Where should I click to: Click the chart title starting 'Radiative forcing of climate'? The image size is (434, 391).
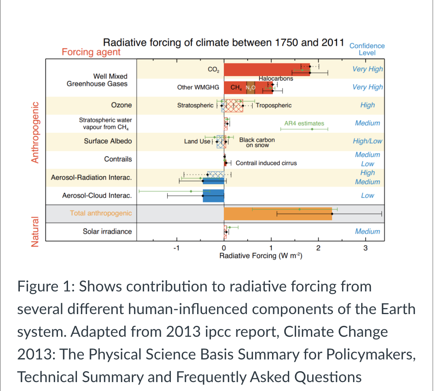coord(224,42)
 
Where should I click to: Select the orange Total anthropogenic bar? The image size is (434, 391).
coord(278,213)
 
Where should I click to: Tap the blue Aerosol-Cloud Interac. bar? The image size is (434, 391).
coord(213,195)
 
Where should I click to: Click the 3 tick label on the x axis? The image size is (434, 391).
coord(366,249)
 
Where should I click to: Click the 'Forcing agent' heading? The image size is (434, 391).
coord(91,52)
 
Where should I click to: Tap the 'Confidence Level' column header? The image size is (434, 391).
coord(367,49)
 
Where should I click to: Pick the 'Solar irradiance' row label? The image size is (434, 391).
coord(107,232)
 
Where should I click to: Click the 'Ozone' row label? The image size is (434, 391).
coord(121,105)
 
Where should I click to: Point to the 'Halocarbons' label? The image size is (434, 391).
coord(276,78)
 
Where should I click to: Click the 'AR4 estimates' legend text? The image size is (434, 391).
coord(304,123)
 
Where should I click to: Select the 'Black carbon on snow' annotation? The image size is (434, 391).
coord(257,142)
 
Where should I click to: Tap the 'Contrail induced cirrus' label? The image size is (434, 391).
coord(266,163)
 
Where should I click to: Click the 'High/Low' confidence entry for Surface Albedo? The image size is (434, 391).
coord(367,141)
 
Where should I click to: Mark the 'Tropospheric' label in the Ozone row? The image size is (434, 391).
coord(274,105)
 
